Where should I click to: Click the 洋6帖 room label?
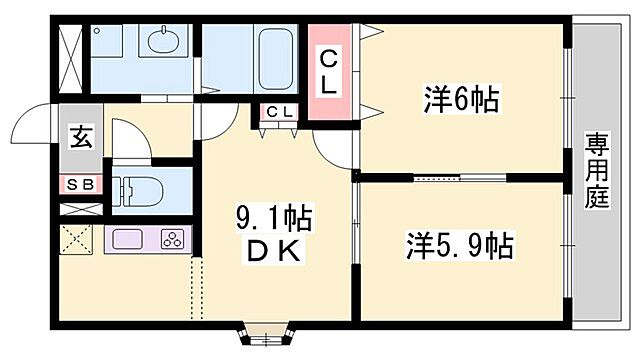point(461,100)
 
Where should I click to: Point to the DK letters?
point(273,251)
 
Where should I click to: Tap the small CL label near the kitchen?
point(279,112)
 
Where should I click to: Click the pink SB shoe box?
point(79,185)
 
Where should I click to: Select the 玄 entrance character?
point(81,137)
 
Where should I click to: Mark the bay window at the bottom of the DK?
point(265,333)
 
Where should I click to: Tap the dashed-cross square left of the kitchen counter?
point(78,240)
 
